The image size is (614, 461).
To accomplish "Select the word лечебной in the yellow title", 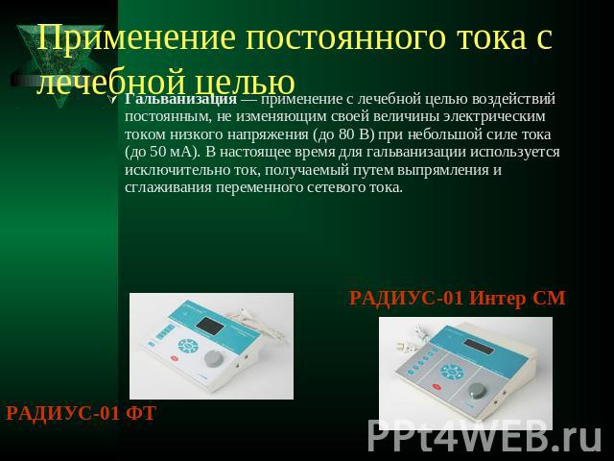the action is [x=112, y=82].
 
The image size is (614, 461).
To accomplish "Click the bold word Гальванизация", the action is [x=181, y=100].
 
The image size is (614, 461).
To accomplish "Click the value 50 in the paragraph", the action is [x=158, y=152].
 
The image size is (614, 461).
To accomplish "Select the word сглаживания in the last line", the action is [x=168, y=188].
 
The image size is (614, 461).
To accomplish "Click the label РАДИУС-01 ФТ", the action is [x=81, y=413].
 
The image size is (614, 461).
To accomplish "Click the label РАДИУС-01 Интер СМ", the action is [x=458, y=298].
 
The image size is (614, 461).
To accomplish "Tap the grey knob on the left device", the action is [x=214, y=358].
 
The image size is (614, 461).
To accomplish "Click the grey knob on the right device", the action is [x=478, y=391].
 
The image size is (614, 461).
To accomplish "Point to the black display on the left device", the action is [x=210, y=326].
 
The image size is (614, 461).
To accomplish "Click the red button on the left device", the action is [x=174, y=358].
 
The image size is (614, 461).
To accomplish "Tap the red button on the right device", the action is [x=437, y=387].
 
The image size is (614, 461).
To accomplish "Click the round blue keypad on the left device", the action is [x=188, y=346].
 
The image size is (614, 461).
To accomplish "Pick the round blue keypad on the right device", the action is [x=452, y=372].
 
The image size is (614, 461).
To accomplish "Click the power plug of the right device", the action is [x=402, y=346].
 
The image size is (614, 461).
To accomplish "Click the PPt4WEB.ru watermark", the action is [x=484, y=436].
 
